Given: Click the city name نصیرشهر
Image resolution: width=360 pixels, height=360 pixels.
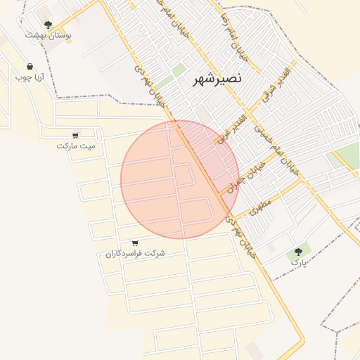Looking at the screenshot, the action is click(217, 79).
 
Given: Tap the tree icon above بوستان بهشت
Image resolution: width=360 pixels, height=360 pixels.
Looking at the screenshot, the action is click(48, 25).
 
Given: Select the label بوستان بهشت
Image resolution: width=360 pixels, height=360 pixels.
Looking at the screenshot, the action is click(49, 34).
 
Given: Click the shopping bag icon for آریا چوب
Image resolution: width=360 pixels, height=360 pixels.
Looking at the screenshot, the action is click(30, 66).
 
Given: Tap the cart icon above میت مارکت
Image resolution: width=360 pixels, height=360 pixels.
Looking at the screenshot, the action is click(75, 136).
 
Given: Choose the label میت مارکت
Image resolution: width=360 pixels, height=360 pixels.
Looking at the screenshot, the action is click(75, 146).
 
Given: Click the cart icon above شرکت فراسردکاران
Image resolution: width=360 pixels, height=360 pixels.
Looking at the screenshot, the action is click(135, 243).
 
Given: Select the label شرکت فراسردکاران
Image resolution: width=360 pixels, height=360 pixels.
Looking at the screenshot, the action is click(136, 252).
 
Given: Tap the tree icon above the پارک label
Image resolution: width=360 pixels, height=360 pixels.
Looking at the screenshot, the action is click(299, 251).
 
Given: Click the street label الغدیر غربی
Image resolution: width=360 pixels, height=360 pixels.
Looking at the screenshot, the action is click(230, 129).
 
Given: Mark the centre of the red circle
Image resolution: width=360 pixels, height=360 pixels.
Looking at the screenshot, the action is click(180, 180).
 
